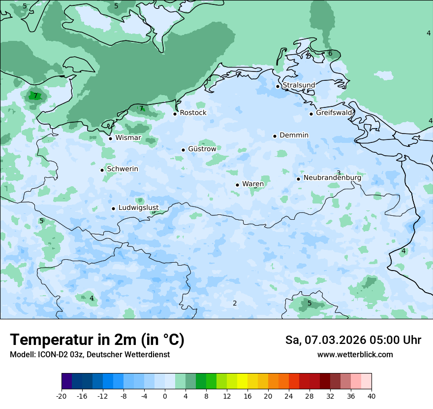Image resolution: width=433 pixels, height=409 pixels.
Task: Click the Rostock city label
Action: tap(193, 113)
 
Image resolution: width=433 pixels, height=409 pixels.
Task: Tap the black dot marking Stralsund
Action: tap(278, 86)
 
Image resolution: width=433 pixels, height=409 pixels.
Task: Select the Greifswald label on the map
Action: tap(334, 113)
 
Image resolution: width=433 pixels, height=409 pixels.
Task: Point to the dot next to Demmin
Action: tap(275, 136)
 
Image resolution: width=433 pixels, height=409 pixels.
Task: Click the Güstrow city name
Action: tap(202, 149)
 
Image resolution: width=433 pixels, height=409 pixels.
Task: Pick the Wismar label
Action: tap(128, 138)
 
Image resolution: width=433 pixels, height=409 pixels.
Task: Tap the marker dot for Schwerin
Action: tap(102, 170)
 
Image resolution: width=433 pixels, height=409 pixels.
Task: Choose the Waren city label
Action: tap(253, 184)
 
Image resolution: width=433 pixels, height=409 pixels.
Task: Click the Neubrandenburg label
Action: tap(332, 178)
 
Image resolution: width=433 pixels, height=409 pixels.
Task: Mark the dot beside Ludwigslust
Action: tap(113, 208)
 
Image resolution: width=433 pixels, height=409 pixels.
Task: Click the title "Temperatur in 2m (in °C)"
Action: tap(97, 340)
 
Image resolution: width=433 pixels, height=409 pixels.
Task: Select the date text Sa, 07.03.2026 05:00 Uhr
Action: tap(353, 340)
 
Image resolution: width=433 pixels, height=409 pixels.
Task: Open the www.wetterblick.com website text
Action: tap(355, 355)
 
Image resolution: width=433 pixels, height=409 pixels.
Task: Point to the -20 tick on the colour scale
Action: tap(62, 396)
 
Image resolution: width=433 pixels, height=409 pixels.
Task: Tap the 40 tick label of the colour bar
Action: tap(371, 396)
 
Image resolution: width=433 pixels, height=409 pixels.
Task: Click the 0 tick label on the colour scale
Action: tap(165, 396)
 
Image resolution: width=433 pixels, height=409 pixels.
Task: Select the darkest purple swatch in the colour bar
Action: tap(67, 381)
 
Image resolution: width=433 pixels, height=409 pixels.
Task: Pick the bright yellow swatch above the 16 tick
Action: tap(242, 381)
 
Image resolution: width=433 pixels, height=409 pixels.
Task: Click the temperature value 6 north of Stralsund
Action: tap(330, 54)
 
